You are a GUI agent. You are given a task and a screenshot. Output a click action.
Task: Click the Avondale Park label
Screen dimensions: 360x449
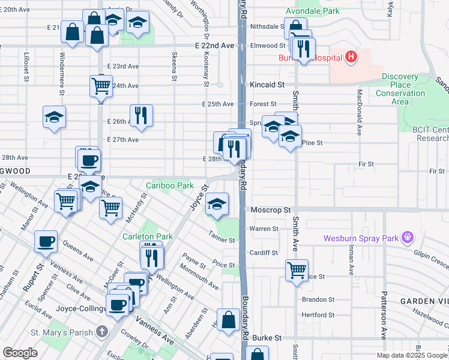point(312,11)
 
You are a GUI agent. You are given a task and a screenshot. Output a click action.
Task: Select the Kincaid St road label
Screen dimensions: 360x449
point(267,85)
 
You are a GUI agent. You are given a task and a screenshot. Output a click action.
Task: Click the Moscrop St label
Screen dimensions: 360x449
point(270,211)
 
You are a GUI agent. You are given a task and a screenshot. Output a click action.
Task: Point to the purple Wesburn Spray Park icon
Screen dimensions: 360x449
point(409,238)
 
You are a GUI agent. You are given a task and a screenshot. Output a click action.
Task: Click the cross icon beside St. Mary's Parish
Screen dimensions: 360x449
point(102,332)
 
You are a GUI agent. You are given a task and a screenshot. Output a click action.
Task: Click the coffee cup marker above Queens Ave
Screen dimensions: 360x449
point(46,241)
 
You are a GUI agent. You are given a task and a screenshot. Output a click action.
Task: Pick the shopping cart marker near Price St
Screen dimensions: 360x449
point(297,270)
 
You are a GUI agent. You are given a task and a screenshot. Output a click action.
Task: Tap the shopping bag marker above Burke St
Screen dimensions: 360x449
point(229,319)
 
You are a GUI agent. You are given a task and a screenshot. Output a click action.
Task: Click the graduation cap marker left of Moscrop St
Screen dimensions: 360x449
point(217,204)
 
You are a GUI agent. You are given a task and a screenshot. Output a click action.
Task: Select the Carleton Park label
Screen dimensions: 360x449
point(148,236)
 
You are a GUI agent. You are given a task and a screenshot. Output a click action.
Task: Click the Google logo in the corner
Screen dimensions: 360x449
point(20,353)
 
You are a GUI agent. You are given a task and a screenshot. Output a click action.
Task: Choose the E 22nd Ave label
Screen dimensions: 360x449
point(214,46)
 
